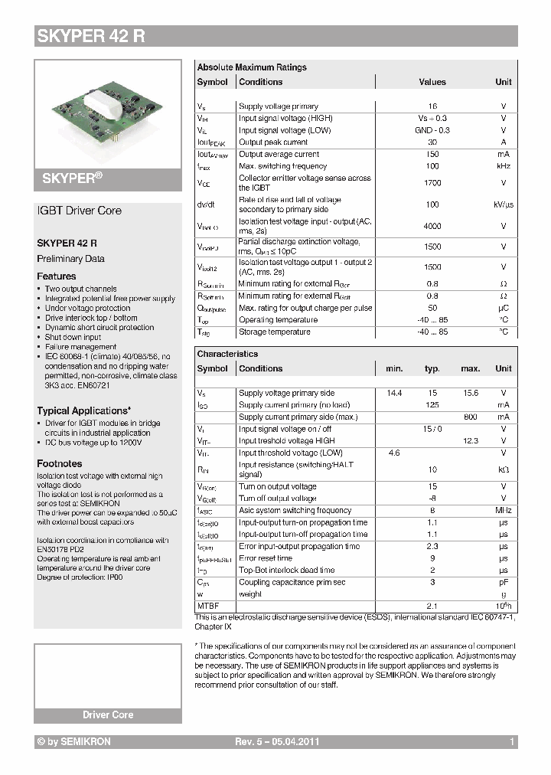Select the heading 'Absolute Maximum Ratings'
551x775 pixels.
[252, 67]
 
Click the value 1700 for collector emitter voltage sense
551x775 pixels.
[432, 183]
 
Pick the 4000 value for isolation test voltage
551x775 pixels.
[432, 226]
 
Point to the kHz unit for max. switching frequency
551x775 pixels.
[503, 166]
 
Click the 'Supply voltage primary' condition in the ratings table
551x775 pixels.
[278, 106]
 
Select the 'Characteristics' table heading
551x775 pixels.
[227, 354]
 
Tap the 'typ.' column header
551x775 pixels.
[432, 368]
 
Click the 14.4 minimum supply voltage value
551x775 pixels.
[394, 393]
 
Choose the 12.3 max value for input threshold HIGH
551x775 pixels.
[471, 441]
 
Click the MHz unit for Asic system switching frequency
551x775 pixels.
[503, 511]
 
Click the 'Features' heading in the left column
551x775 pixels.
[57, 276]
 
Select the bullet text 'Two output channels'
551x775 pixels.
[80, 289]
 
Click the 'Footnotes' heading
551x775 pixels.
[60, 463]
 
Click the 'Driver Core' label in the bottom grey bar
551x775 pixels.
[108, 715]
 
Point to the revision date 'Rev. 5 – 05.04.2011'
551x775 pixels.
[276, 742]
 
